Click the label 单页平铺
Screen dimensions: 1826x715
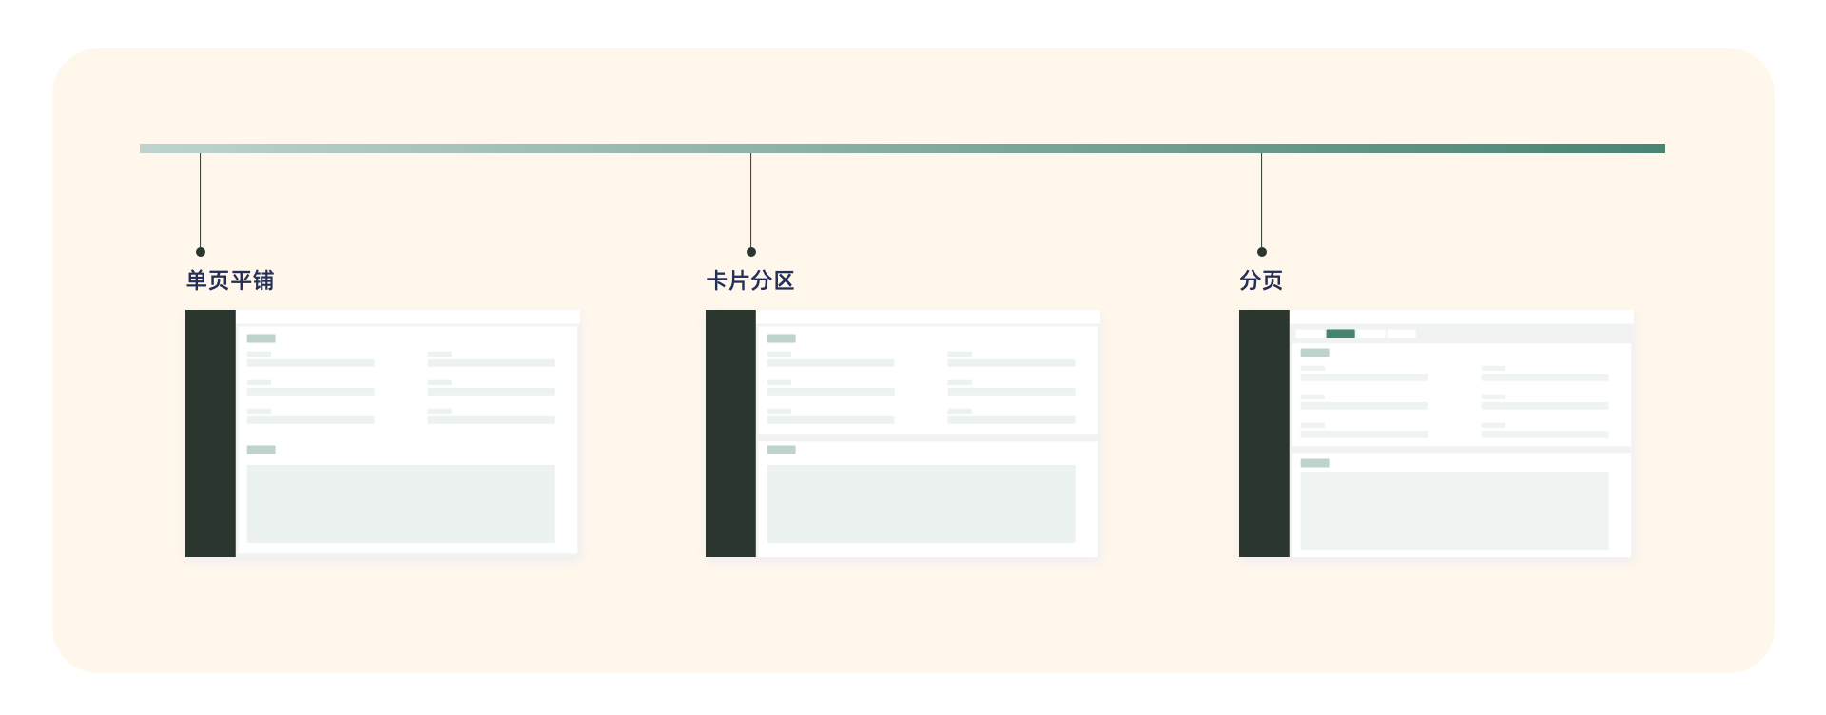click(x=230, y=280)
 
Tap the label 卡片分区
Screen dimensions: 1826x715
click(x=750, y=280)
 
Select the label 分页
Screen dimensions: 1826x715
click(x=1261, y=280)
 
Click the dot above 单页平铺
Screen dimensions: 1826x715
click(x=201, y=252)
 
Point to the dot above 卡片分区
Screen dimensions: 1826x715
click(x=751, y=252)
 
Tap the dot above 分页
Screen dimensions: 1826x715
click(x=1262, y=252)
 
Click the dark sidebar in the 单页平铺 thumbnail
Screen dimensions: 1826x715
click(x=210, y=434)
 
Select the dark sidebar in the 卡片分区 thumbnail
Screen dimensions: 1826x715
click(x=730, y=434)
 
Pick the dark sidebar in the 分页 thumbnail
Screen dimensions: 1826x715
click(x=1264, y=434)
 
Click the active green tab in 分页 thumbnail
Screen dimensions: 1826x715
click(x=1340, y=334)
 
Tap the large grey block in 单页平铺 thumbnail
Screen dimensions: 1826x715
click(x=400, y=504)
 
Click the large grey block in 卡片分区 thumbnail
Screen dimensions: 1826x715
click(x=921, y=504)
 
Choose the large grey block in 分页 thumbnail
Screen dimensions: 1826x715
click(x=1454, y=511)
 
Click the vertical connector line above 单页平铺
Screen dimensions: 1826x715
click(x=201, y=200)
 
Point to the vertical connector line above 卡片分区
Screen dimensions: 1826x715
click(x=751, y=200)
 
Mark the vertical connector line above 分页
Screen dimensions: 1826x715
click(x=1262, y=200)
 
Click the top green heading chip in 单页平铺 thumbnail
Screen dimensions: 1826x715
click(x=261, y=338)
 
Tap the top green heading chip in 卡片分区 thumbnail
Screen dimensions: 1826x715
click(x=781, y=338)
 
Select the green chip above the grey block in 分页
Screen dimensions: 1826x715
click(x=1314, y=463)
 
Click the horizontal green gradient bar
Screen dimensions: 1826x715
click(x=902, y=148)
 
